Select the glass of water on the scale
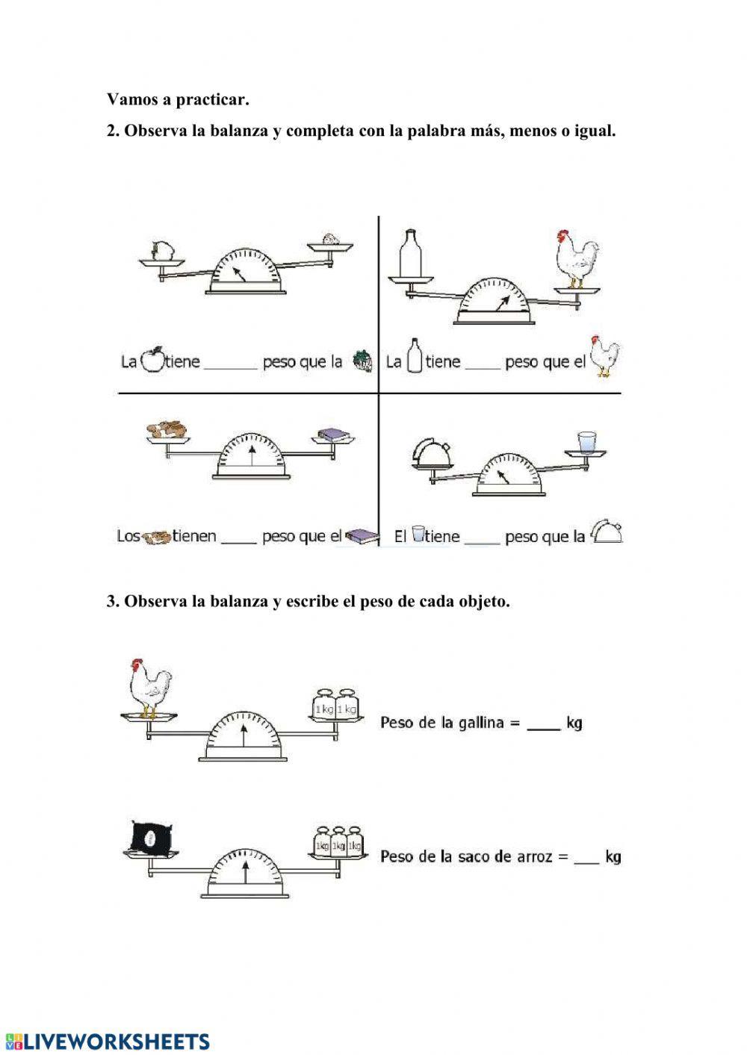point(586,441)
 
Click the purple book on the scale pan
point(330,435)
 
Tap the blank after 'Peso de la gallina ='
point(543,724)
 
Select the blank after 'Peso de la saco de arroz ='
point(586,858)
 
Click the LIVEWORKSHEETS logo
point(108,1042)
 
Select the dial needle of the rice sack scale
point(246,874)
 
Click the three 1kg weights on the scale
point(338,841)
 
